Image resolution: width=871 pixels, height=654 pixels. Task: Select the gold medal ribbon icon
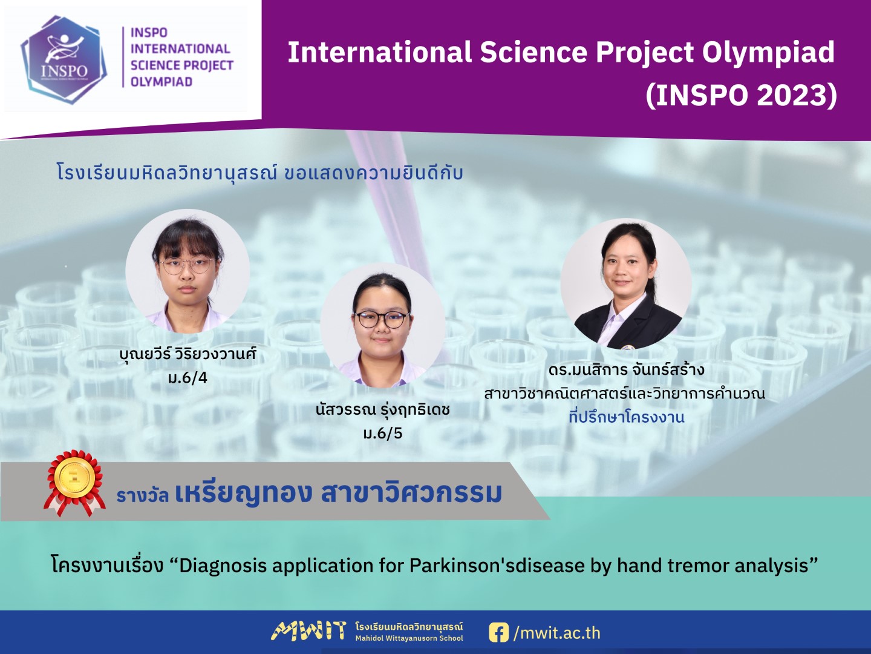74,483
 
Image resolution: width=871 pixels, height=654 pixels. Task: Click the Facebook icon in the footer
499,632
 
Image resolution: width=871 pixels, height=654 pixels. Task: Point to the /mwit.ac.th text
556,633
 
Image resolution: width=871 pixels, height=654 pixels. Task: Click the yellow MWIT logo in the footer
308,631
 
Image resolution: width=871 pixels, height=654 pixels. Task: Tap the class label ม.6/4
188,378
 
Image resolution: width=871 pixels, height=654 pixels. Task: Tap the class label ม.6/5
382,433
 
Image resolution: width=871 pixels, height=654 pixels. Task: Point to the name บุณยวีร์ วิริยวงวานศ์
188,353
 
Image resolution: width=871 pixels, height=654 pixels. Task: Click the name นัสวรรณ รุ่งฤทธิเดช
382,409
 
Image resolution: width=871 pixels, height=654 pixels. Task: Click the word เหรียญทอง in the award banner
242,493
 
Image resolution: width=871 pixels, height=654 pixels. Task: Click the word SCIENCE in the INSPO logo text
151,65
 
